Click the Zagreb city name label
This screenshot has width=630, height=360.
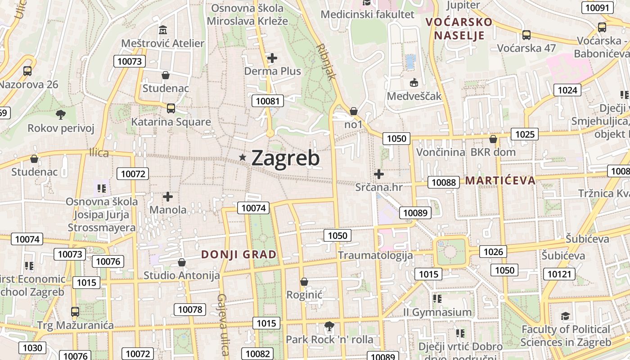point(285,158)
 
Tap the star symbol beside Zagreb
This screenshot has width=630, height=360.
point(243,157)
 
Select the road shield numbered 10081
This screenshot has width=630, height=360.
point(268,101)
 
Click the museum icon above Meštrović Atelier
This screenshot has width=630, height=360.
point(163,30)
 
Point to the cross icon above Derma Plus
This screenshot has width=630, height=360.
point(272,58)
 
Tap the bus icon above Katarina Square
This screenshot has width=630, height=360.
point(171,108)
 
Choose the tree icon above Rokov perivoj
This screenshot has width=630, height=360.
point(61,115)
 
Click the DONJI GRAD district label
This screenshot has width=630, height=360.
point(238,255)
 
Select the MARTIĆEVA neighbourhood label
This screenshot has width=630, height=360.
point(500,181)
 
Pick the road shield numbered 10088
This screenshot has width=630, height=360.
point(444,182)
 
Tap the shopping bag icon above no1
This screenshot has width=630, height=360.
point(354,111)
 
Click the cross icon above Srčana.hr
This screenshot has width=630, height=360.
point(379,174)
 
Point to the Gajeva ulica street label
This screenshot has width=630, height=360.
point(223,324)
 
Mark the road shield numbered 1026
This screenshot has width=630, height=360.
point(493,252)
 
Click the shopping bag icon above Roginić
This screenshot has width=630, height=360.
point(304,282)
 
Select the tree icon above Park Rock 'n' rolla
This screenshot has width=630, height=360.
point(329,326)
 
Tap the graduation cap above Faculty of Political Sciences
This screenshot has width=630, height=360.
point(565,316)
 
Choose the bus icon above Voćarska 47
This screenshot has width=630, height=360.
point(526,35)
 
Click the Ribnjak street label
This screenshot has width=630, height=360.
point(326,62)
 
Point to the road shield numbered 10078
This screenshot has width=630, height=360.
point(190,310)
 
